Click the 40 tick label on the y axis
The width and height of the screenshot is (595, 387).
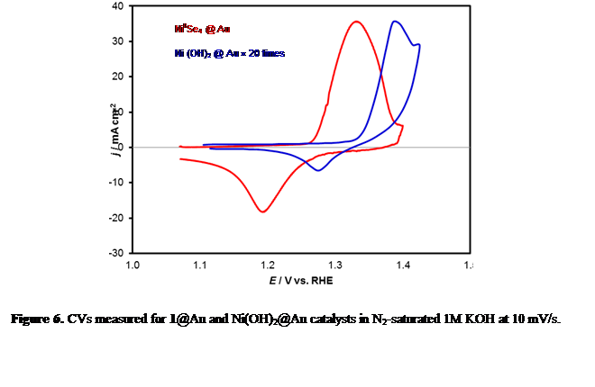pyautogui.click(x=118, y=6)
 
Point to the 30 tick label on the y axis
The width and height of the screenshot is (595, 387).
pyautogui.click(x=118, y=41)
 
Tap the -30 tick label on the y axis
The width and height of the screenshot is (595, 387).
pyautogui.click(x=116, y=253)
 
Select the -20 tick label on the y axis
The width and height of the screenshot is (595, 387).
pyautogui.click(x=116, y=218)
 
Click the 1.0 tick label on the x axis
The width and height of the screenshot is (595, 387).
pyautogui.click(x=132, y=265)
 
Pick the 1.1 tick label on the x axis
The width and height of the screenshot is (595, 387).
pyautogui.click(x=199, y=265)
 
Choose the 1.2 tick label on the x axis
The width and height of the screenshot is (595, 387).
pyautogui.click(x=267, y=265)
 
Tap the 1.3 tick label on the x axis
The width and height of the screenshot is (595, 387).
pyautogui.click(x=334, y=265)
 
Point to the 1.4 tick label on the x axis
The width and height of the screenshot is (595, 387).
pyautogui.click(x=402, y=265)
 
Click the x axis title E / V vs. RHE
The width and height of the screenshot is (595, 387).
pyautogui.click(x=300, y=281)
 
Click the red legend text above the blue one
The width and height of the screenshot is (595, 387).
pyautogui.click(x=203, y=30)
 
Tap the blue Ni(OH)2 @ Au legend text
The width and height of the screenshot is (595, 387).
pyautogui.click(x=230, y=53)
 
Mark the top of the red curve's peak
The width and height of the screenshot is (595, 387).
pyautogui.click(x=356, y=21)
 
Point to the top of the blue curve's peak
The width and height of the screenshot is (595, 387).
pyautogui.click(x=396, y=21)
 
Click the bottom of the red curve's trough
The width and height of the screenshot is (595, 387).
pyautogui.click(x=262, y=212)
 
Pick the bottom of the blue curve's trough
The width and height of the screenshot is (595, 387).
pyautogui.click(x=317, y=171)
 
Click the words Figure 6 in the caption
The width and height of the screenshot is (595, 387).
pyautogui.click(x=34, y=319)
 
